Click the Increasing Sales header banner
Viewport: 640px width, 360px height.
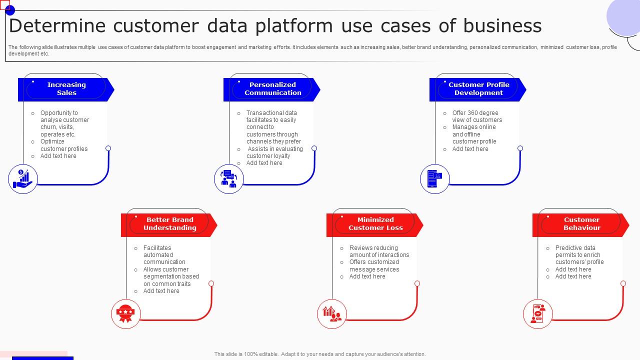66,89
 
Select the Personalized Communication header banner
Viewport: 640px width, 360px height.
272,89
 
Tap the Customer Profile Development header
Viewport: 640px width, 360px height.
478,89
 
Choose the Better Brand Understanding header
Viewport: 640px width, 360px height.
169,224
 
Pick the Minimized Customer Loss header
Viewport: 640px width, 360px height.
375,224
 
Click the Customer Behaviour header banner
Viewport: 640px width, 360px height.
581,224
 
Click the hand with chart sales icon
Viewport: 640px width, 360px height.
23,179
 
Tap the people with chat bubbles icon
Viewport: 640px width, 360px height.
229,179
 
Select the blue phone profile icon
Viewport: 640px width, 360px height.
435,179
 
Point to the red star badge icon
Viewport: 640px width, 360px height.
125,314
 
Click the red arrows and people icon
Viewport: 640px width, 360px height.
332,314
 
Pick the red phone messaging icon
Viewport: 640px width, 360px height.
538,314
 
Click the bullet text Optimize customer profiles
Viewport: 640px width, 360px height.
64,145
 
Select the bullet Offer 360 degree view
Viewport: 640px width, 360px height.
477,116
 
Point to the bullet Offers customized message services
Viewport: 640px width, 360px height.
374,265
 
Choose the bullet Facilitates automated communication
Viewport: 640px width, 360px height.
164,255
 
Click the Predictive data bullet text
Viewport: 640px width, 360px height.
579,255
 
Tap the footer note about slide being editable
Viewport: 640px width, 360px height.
320,354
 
